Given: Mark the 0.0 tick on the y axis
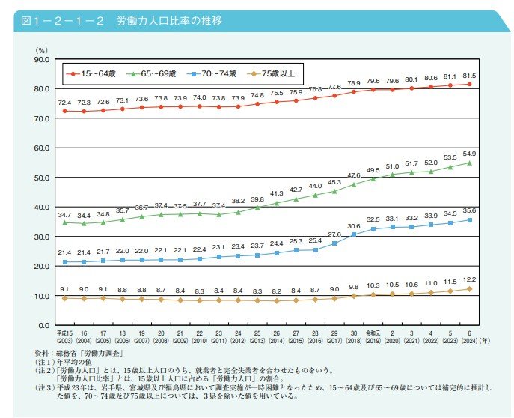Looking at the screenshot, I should [43, 326].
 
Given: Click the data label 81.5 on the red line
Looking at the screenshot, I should [470, 76].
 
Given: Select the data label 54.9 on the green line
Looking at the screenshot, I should [470, 154].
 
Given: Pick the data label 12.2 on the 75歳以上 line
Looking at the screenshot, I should [470, 279].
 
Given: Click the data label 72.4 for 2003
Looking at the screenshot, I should [64, 102].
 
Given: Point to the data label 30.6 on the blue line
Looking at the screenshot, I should [354, 226].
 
